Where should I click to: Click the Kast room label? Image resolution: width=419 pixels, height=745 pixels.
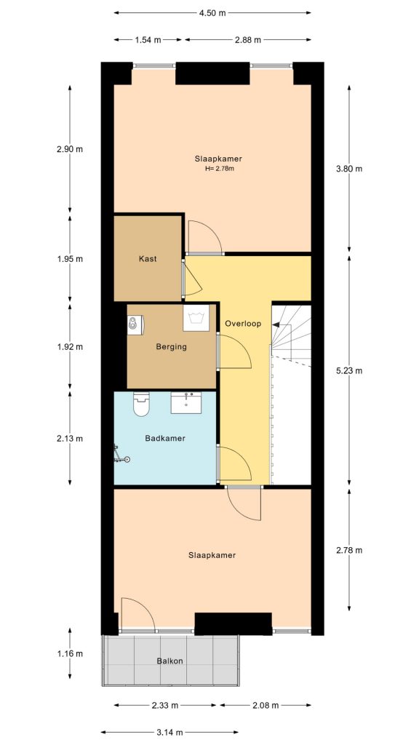[x=148, y=259]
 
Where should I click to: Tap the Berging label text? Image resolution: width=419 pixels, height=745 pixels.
[x=171, y=347]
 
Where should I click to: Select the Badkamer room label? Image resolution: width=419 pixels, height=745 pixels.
[x=164, y=439]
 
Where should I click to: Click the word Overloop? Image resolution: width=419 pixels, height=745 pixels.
[x=243, y=323]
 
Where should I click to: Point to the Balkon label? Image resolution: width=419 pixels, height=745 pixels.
[x=169, y=661]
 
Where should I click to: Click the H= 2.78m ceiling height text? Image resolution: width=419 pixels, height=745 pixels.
[x=218, y=169]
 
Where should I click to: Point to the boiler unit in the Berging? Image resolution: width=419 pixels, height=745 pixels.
[x=136, y=323]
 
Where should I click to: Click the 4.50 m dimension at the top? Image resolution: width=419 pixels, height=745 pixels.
[x=212, y=13]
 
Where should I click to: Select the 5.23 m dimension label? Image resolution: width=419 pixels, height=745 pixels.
[x=348, y=370]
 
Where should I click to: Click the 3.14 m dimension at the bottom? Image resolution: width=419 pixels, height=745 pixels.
[x=169, y=733]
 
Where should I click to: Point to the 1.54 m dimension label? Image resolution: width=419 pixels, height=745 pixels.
[x=148, y=40]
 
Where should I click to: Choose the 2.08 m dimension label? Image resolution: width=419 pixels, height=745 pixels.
[x=265, y=706]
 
